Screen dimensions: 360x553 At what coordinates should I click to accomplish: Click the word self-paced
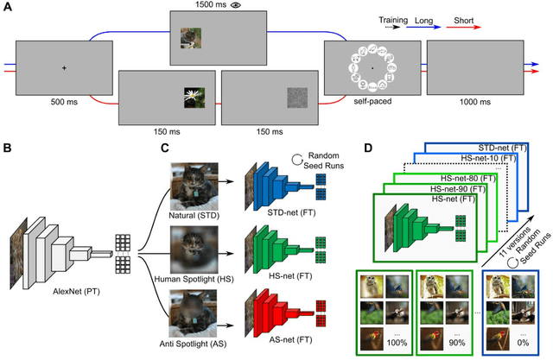coord(372,101)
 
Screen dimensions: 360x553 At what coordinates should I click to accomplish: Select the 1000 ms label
coord(474,101)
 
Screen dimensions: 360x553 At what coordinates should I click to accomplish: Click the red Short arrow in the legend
coord(510,26)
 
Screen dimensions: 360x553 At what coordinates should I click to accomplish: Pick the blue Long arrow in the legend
coord(464,26)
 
